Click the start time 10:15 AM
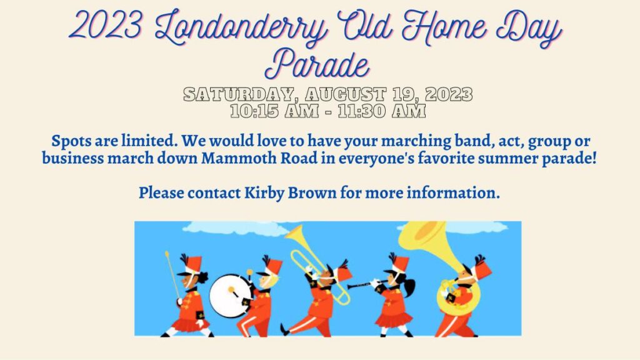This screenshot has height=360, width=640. coord(274,111)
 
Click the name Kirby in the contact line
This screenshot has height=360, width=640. coord(264,192)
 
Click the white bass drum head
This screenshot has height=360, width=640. coord(229,296)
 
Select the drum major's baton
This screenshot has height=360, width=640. coord(172,277)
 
